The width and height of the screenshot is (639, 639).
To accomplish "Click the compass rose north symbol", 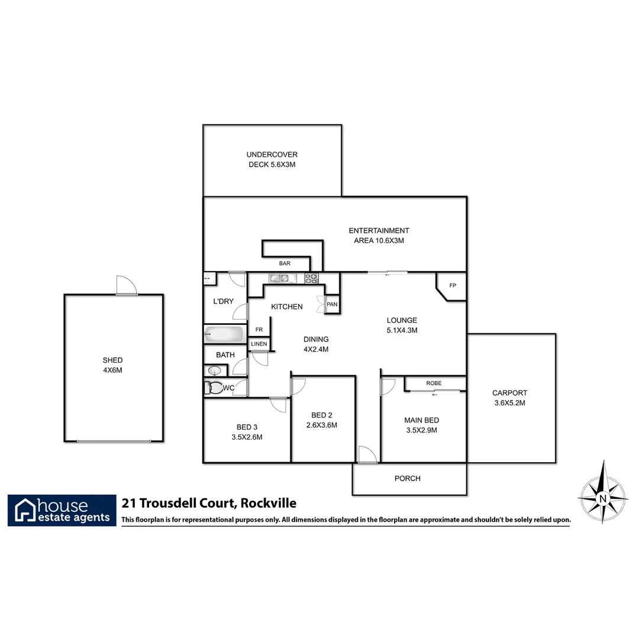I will point(602,492).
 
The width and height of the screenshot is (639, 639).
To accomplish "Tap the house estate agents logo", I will point(62,510).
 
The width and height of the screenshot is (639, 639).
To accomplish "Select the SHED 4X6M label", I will point(112,365).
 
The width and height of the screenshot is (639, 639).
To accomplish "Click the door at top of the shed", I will point(127,286).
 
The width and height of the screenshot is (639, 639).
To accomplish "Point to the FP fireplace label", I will point(453,286).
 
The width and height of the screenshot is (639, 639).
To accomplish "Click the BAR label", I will point(285,263).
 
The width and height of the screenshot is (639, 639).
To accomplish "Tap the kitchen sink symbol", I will point(279,278).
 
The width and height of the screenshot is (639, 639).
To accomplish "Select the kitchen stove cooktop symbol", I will point(312,278).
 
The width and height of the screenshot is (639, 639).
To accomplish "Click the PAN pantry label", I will point(332,305).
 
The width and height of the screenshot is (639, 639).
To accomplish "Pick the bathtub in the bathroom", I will point(224,334).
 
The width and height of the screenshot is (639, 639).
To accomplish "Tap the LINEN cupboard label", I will point(259,344).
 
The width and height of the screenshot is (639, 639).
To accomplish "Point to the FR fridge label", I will point(259,330).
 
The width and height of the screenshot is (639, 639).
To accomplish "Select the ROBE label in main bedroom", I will point(434,383).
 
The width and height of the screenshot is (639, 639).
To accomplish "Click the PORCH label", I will point(407,478).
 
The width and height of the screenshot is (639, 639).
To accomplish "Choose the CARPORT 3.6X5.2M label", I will point(509,398).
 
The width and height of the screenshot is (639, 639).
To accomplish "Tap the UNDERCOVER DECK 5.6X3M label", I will point(272,160).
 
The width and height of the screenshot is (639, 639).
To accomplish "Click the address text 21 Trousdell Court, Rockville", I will point(209,504).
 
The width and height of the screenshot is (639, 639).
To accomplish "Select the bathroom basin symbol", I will point(214,371).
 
